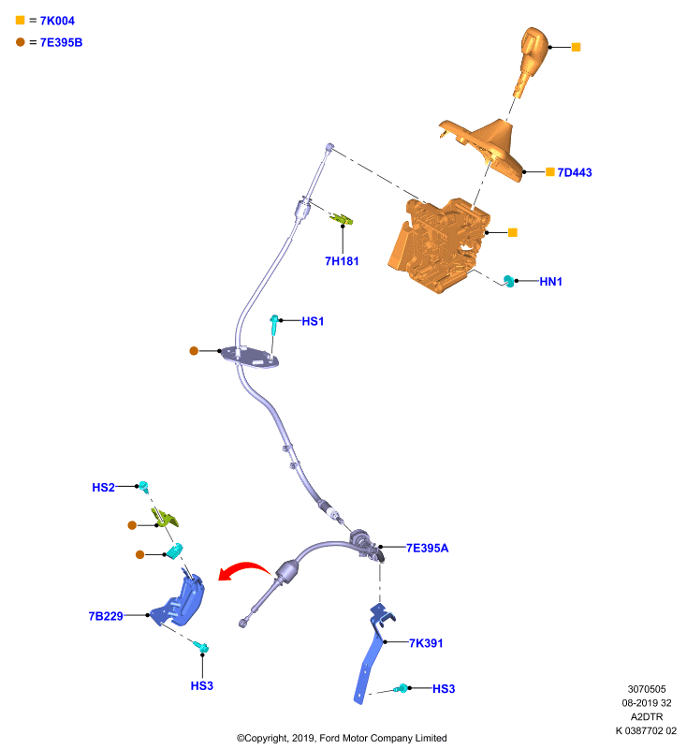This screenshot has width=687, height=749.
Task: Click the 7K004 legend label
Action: tap(57, 21)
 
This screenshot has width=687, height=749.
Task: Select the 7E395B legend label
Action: tap(61, 42)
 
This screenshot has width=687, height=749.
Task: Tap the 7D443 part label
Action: tap(575, 172)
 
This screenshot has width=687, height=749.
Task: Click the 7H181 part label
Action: tap(342, 261)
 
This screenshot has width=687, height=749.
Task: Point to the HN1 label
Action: tap(550, 282)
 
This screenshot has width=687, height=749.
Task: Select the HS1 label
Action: tap(313, 321)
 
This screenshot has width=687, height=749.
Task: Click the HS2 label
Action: tap(103, 487)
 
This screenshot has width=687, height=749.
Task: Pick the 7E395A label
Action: tap(428, 548)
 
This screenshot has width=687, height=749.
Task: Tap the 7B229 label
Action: tap(106, 616)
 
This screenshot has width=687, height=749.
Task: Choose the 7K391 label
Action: tap(426, 643)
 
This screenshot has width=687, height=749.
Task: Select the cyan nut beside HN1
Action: tap(509, 281)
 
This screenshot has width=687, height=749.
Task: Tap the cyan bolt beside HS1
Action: tap(274, 325)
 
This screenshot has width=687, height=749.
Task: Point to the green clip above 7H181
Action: tap(342, 219)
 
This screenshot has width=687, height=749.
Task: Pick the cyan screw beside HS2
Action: tap(143, 487)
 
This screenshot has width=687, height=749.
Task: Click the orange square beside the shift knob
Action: tap(577, 48)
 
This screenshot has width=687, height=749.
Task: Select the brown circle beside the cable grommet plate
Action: tap(194, 351)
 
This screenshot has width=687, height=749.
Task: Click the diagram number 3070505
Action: tap(647, 689)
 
